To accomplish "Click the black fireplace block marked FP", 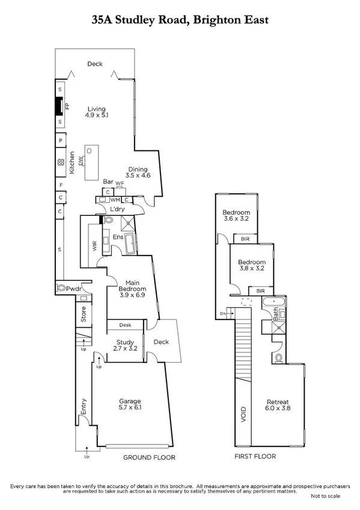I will tap(59, 107).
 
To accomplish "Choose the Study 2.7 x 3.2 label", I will tap(126, 345).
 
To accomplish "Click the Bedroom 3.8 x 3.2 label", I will tap(251, 266).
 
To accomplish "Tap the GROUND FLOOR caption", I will tap(148, 458).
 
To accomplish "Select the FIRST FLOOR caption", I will tap(255, 456).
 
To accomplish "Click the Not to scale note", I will tap(325, 496).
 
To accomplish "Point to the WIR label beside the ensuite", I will tap(94, 245).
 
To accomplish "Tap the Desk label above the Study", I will tap(125, 325).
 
